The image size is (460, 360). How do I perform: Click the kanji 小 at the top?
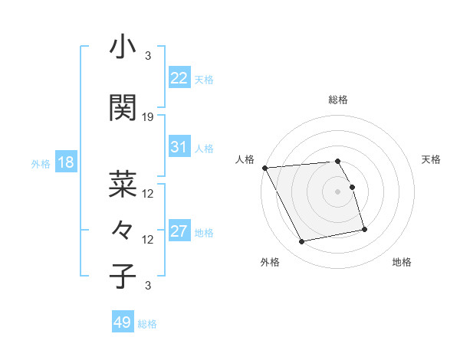pos(123,47)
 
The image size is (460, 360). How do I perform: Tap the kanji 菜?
pos(123,184)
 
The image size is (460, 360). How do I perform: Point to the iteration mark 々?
pos(123,230)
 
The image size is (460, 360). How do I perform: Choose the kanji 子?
pos(123,276)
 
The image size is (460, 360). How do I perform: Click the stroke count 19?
pos(148,116)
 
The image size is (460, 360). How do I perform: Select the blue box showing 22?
pos(179,78)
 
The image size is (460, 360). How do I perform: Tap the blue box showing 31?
pos(179,148)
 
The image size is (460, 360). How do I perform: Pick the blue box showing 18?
pos(65,162)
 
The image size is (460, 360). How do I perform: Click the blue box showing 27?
pos(179,232)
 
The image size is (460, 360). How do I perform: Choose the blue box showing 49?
pos(123,322)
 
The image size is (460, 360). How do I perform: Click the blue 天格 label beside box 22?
pos(204,79)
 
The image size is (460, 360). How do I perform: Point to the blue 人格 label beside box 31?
pos(204,149)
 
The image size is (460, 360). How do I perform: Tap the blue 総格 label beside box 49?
pos(147,323)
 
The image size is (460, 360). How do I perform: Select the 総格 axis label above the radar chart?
pos(338,100)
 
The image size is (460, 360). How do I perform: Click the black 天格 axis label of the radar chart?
pos(432,159)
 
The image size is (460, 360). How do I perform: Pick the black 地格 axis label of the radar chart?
pos(402,262)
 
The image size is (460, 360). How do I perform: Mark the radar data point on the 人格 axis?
pos(264,168)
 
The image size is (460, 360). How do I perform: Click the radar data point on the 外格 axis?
pos(302,242)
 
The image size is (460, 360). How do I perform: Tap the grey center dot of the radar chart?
pos(338,191)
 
